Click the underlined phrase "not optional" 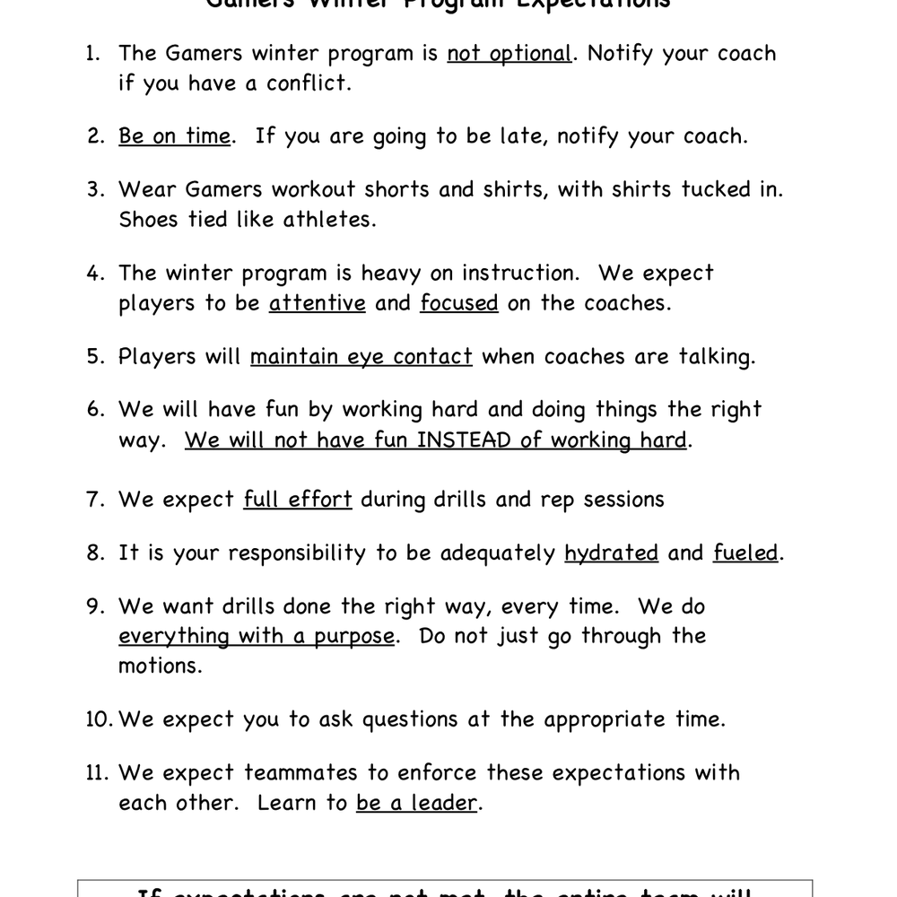(x=509, y=54)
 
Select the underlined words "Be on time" (x=174, y=136)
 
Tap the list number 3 (x=96, y=190)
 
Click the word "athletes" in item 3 (x=328, y=220)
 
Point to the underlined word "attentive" (x=318, y=303)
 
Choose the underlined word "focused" (x=458, y=303)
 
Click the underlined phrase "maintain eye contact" (x=361, y=357)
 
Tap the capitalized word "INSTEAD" (x=463, y=440)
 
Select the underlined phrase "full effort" (x=297, y=500)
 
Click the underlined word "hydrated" (x=611, y=553)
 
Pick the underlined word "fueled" (x=745, y=553)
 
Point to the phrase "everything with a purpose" (x=257, y=636)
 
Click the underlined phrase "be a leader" (x=416, y=803)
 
